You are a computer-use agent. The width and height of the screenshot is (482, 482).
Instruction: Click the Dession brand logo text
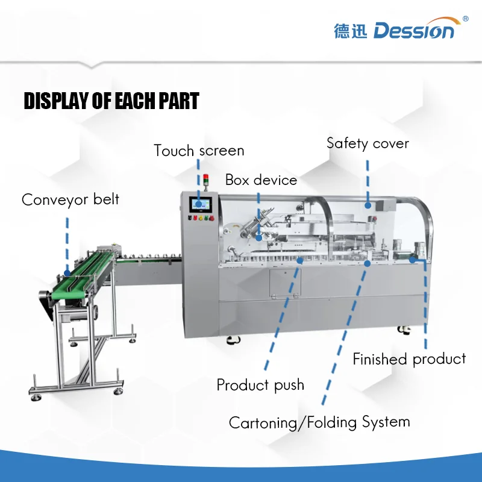(414, 31)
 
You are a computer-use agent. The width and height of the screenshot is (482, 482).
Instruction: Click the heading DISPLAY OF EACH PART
(111, 101)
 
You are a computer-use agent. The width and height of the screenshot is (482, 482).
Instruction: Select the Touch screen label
(199, 151)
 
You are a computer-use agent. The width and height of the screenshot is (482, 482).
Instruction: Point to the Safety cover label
(368, 143)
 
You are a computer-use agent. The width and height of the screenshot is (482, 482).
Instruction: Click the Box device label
(261, 180)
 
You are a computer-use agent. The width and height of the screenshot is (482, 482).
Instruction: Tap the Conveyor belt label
(70, 199)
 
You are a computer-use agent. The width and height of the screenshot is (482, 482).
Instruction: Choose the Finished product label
(409, 359)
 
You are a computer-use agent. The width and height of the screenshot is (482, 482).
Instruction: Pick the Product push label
(260, 385)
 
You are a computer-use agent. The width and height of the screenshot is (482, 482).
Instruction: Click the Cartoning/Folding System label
(319, 422)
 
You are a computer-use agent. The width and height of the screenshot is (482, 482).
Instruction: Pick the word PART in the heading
(178, 101)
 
